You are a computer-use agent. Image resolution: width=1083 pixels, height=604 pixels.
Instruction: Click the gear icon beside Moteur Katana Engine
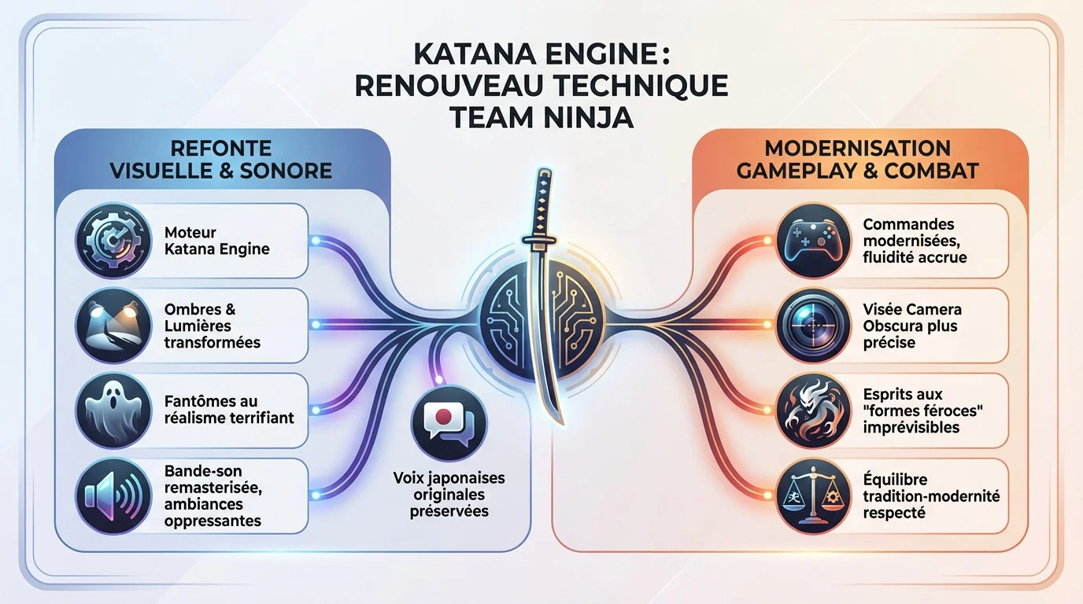click(113, 241)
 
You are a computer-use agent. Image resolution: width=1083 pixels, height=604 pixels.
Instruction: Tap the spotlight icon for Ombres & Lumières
click(113, 325)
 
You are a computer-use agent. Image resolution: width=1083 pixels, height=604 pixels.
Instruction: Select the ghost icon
click(113, 411)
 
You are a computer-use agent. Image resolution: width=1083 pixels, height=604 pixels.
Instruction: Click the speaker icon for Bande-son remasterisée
click(113, 495)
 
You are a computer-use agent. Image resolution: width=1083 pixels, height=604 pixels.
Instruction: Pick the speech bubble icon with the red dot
click(449, 423)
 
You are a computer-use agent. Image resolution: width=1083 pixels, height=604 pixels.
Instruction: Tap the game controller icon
click(814, 241)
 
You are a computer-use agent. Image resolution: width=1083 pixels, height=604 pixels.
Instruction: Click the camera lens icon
click(814, 325)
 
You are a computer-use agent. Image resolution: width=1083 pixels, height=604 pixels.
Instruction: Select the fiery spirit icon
click(814, 411)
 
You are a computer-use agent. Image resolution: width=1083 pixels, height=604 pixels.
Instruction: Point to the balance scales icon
click(814, 495)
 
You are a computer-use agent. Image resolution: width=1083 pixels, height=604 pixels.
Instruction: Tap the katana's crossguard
click(540, 240)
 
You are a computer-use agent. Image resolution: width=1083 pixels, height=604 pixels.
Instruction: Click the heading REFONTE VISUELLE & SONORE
click(221, 159)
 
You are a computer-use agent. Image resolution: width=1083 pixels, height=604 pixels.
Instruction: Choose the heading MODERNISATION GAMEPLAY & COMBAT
click(857, 159)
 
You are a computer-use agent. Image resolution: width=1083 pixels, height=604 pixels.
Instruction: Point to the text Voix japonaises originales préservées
click(449, 495)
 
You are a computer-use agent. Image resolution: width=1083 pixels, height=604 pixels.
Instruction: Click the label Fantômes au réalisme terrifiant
click(229, 409)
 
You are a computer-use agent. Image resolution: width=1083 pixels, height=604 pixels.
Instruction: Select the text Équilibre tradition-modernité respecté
click(931, 495)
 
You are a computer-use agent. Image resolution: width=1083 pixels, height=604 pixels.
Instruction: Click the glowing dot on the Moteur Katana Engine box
click(316, 240)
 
